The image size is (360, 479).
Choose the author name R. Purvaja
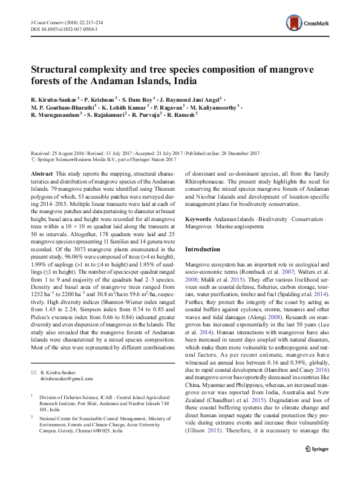(x=143, y=114)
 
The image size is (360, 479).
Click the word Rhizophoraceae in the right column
(x=210, y=180)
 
